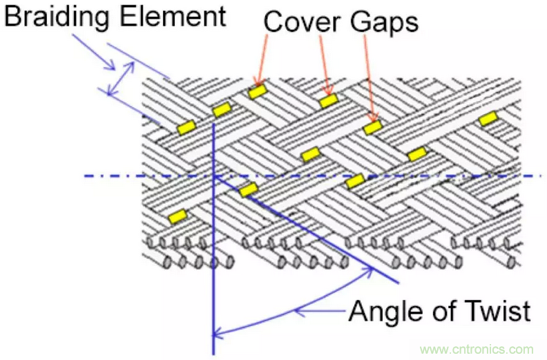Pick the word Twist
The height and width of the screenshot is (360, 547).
tap(499, 311)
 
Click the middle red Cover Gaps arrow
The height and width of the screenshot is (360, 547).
tap(325, 66)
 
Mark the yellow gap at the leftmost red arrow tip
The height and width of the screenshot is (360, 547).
tap(257, 91)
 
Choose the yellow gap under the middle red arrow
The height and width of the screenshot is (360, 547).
tap(328, 101)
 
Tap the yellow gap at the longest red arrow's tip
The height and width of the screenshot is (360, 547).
tap(373, 127)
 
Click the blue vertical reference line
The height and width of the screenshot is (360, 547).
tap(213, 276)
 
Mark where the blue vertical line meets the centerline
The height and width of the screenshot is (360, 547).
tap(213, 176)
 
